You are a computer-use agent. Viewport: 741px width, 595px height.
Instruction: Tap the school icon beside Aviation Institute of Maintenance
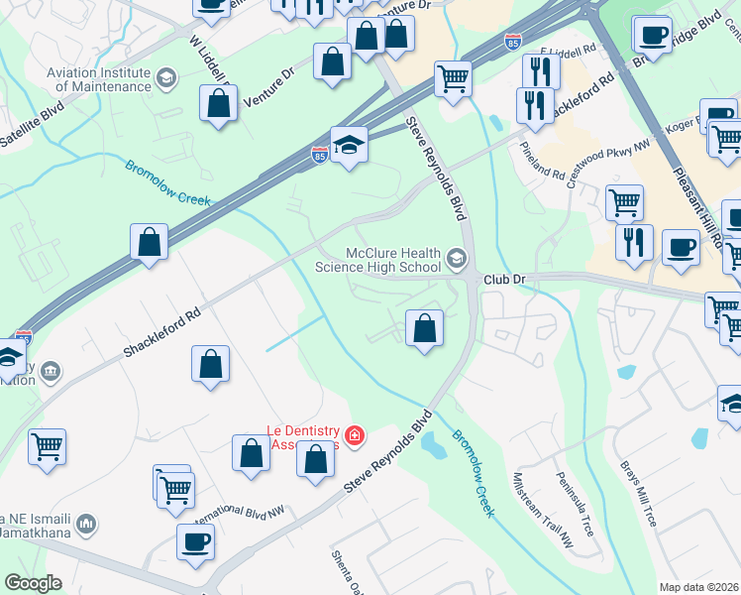(x=165, y=77)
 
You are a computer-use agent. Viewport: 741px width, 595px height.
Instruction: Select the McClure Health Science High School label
(x=377, y=260)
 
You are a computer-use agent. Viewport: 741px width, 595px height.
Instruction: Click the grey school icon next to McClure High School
(x=457, y=260)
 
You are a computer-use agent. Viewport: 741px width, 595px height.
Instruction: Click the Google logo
(x=33, y=583)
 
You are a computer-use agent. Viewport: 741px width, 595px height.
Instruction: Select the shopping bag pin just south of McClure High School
(x=424, y=328)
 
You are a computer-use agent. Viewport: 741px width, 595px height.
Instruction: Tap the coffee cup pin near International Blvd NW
(x=195, y=541)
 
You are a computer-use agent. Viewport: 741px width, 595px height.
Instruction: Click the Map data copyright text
(x=698, y=587)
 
